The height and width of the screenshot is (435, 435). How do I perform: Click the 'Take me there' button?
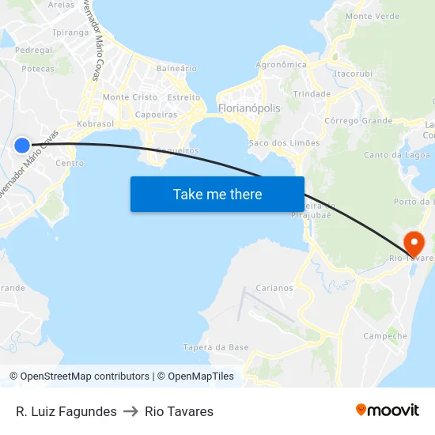tap(217, 194)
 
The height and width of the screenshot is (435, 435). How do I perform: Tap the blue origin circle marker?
tap(22, 145)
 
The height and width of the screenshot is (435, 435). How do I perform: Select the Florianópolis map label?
tap(248, 108)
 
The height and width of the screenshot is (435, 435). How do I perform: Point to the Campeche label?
tap(385, 336)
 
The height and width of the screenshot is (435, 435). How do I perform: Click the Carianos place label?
tap(274, 288)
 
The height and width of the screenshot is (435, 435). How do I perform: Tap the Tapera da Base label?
tap(216, 347)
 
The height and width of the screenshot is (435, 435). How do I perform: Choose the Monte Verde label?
tap(373, 16)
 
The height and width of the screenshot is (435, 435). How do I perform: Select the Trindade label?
tap(312, 93)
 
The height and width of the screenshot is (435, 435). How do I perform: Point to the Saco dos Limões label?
tap(284, 143)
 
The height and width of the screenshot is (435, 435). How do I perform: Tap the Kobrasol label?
tap(96, 124)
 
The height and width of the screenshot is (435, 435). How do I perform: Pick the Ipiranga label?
tap(70, 32)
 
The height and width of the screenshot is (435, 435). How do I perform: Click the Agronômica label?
tap(282, 65)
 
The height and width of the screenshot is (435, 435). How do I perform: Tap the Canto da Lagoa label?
tap(391, 155)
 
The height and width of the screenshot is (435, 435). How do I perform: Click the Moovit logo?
tap(388, 410)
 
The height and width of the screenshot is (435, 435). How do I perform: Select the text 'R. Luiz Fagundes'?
tap(66, 411)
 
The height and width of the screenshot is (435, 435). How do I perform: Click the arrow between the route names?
tap(130, 411)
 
